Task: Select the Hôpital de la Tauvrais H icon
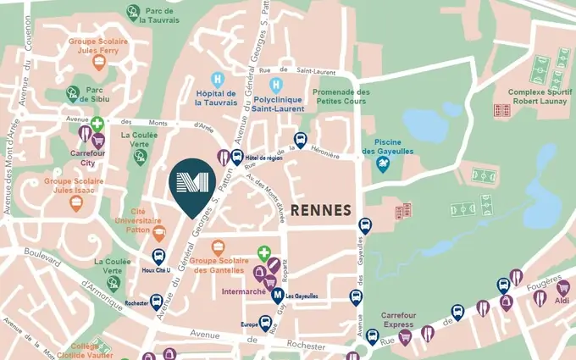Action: (x=218, y=79)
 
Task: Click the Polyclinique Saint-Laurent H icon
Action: (x=275, y=85)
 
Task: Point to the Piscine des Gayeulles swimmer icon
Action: (x=383, y=165)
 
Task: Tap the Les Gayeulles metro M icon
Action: (x=277, y=296)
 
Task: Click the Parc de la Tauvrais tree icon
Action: (x=133, y=12)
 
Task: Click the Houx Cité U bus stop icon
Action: (x=158, y=257)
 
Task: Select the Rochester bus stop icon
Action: (x=157, y=301)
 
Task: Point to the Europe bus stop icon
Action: (x=266, y=324)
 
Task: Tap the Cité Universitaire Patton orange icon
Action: (x=158, y=229)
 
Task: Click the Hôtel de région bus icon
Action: (x=237, y=157)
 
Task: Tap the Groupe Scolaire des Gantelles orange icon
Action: (x=219, y=247)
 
